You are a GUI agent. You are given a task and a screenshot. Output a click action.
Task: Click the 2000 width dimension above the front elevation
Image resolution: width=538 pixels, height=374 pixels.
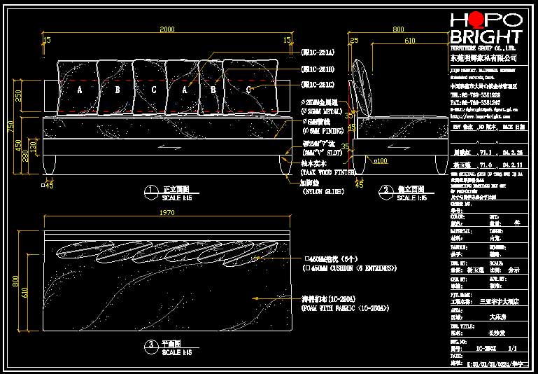[167, 29]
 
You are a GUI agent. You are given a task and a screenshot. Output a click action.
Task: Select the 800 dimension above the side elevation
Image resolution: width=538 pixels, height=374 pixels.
[398, 29]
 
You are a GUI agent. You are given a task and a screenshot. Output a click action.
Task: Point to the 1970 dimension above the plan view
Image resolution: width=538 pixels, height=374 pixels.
[167, 212]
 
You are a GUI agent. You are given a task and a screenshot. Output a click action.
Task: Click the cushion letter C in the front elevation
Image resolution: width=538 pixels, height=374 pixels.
[153, 90]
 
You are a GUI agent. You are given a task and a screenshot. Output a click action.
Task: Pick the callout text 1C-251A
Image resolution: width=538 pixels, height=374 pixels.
[318, 53]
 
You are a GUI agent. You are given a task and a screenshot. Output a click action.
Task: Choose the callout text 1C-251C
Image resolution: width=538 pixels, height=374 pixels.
[318, 85]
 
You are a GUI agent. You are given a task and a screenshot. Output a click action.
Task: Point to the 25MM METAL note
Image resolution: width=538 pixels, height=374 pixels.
[326, 111]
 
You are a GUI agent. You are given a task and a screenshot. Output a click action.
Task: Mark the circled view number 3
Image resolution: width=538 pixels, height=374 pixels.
[150, 345]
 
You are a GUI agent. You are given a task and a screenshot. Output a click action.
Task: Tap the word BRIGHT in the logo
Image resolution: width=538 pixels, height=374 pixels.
[486, 38]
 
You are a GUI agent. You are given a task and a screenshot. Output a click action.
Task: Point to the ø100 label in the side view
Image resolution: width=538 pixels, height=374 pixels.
[381, 161]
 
